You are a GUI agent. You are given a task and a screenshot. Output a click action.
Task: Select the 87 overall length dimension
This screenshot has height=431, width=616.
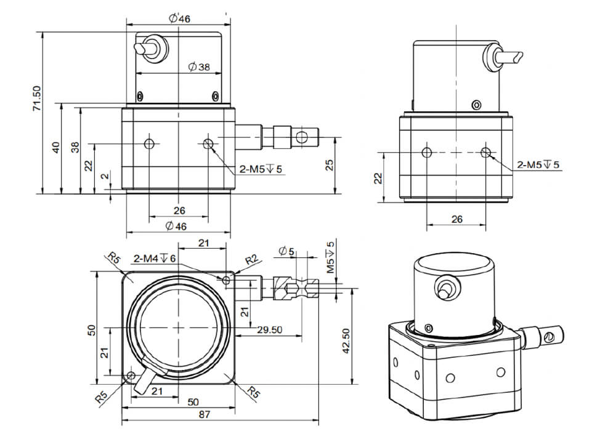tap(205, 414)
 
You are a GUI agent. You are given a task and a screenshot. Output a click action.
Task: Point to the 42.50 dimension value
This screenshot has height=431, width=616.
tap(346, 340)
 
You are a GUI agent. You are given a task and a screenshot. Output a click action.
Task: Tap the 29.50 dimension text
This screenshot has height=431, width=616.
tap(270, 330)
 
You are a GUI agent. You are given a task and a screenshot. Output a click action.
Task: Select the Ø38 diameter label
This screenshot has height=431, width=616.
tap(199, 67)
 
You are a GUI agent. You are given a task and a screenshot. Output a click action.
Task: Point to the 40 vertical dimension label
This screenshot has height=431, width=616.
tap(56, 148)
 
